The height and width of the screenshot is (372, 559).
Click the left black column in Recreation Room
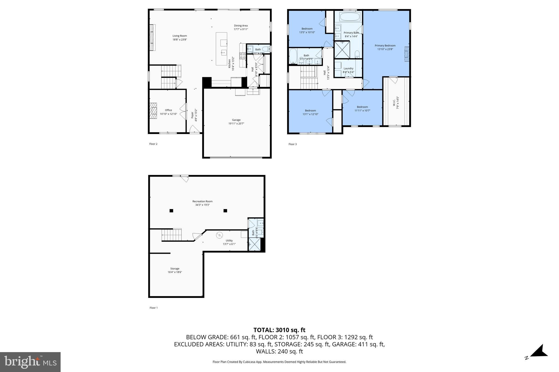click(171, 210)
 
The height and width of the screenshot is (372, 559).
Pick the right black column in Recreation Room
click(225, 210)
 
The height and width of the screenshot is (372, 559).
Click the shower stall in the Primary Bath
click(342, 49)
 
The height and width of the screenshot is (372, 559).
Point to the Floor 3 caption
click(292, 144)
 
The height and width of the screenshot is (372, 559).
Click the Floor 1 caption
click(153, 308)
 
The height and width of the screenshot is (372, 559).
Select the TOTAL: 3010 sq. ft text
click(279, 330)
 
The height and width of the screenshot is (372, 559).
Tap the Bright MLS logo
click(30, 362)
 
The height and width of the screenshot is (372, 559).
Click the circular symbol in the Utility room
click(219, 235)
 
